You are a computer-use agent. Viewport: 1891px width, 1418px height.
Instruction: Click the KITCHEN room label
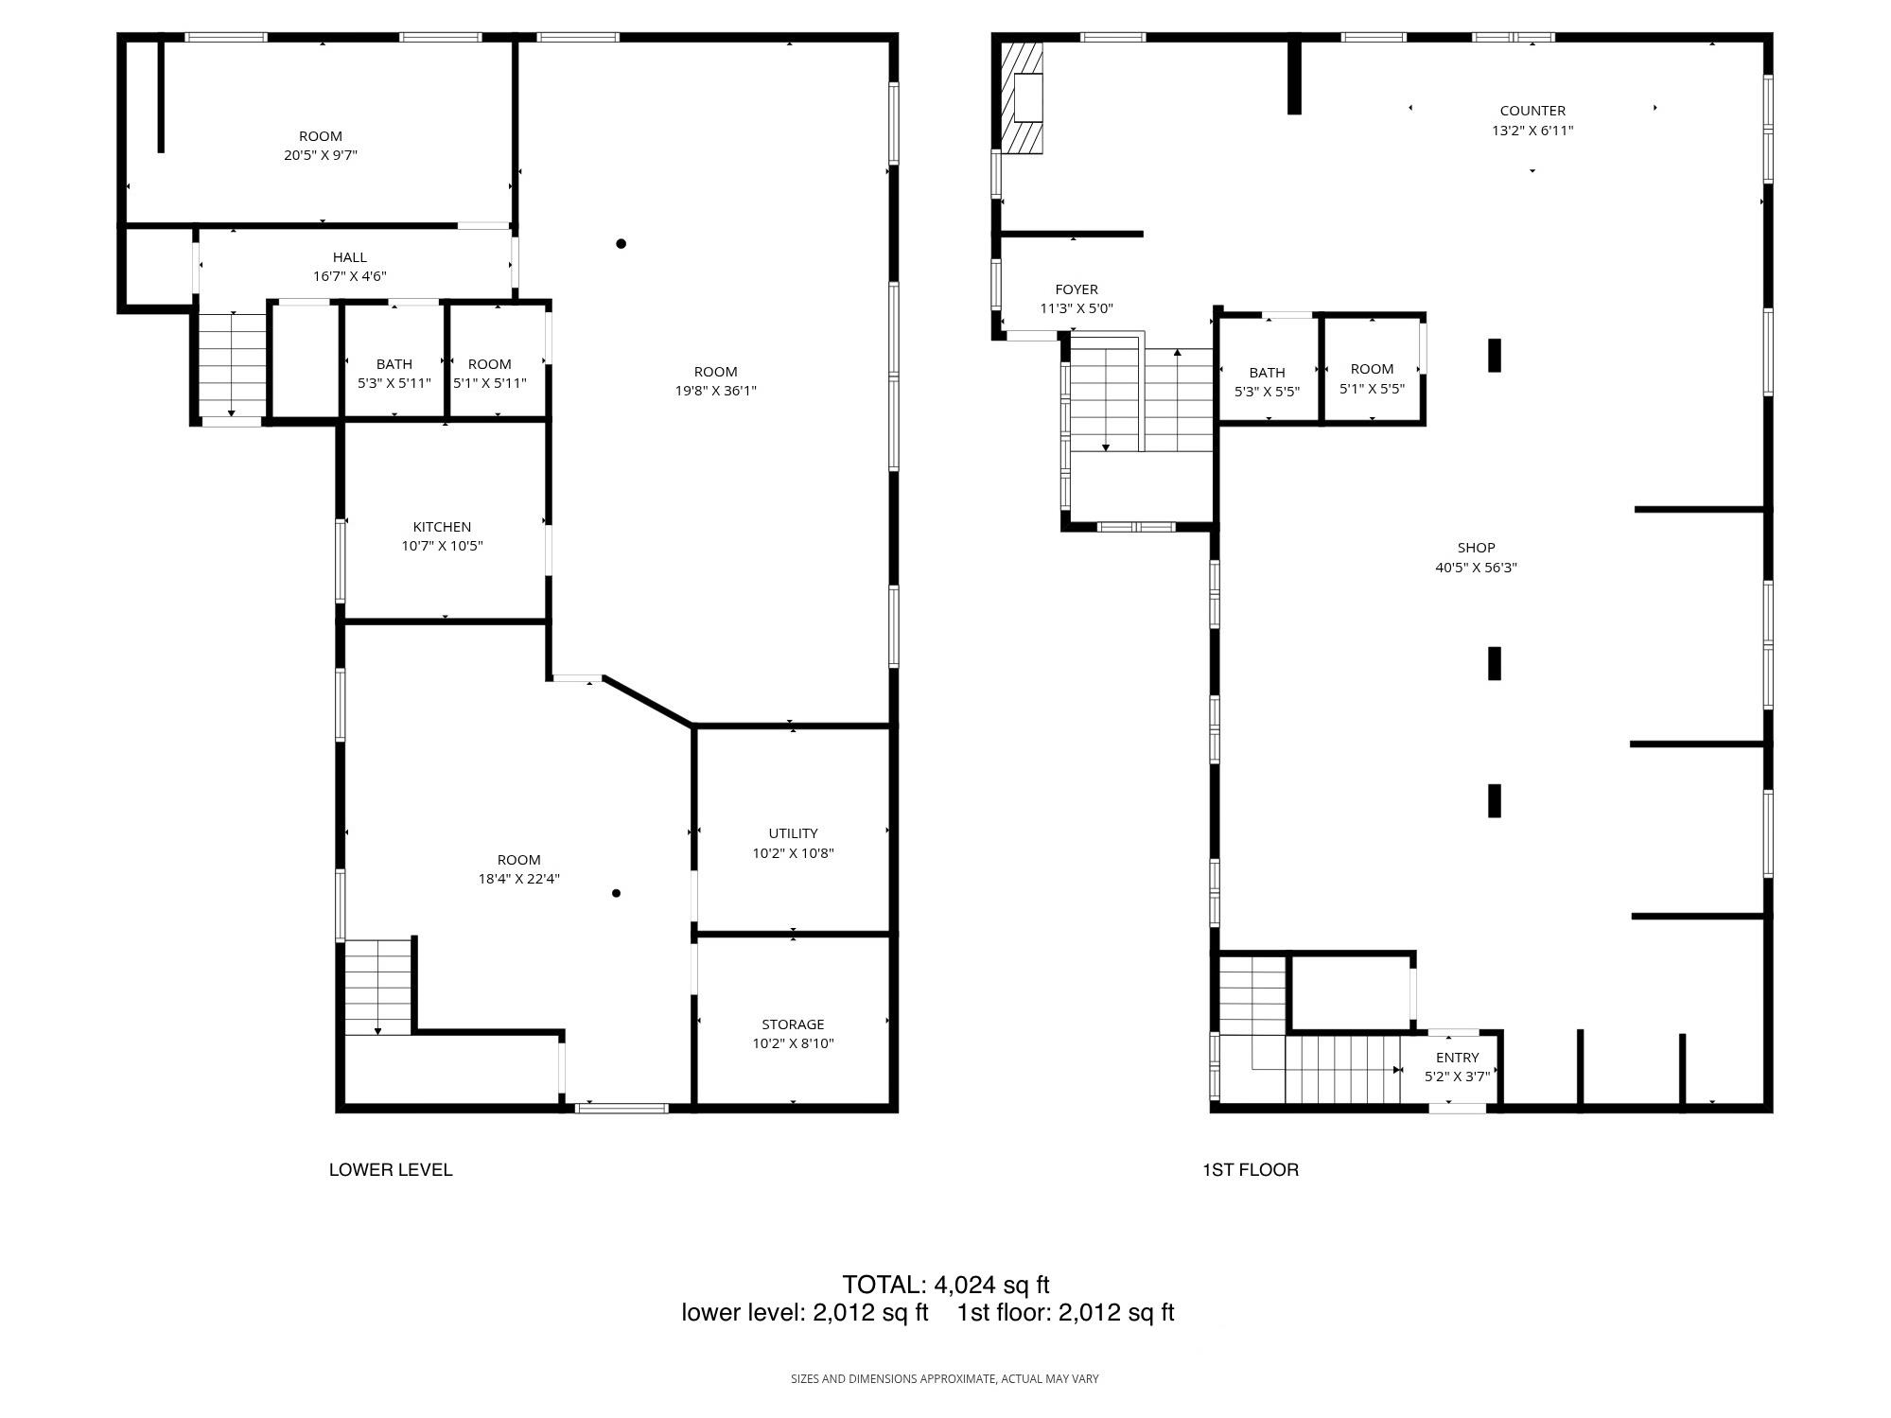(442, 527)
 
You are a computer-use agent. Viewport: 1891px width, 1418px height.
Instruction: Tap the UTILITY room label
(793, 833)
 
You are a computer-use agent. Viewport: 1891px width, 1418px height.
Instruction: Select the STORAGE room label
(793, 1024)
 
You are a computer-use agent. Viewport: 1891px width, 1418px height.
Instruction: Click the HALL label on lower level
(349, 257)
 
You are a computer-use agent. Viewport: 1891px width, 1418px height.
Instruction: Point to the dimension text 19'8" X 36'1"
(715, 391)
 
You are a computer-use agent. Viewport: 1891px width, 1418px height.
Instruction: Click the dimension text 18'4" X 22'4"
(518, 879)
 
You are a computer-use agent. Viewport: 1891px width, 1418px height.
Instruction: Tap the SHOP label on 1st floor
(1476, 548)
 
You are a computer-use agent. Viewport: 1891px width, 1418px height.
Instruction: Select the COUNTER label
(1532, 111)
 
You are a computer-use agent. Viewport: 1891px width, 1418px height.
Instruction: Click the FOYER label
(1077, 289)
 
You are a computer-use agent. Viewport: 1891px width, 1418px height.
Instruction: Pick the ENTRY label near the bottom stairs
(1457, 1058)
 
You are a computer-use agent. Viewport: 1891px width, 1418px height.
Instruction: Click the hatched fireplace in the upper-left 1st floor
(1024, 97)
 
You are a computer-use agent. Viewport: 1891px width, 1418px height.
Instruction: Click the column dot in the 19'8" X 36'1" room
(622, 244)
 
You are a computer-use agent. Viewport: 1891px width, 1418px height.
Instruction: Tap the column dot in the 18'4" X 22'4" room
(616, 893)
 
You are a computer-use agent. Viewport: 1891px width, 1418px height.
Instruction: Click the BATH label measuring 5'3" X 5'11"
(394, 364)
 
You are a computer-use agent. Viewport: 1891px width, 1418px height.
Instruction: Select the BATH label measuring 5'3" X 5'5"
(1267, 373)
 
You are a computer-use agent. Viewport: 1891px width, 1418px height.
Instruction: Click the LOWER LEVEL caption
(391, 1170)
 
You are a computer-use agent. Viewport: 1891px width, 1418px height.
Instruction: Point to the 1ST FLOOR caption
(1250, 1170)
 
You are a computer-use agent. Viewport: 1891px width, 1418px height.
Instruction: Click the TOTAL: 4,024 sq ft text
(945, 1285)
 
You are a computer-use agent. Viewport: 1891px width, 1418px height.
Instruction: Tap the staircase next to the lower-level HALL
(232, 366)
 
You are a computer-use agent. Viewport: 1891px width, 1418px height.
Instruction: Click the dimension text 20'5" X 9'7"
(321, 155)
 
